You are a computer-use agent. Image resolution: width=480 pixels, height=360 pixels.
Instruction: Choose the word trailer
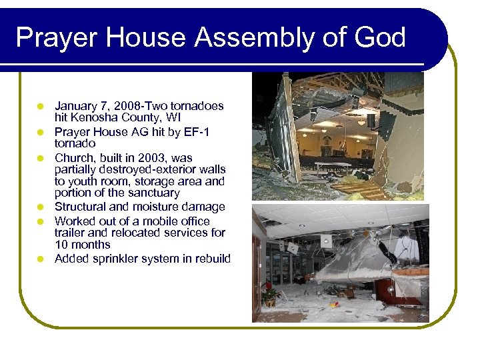click(x=72, y=233)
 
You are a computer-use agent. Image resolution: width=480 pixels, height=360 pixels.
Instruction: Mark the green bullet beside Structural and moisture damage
click(x=40, y=207)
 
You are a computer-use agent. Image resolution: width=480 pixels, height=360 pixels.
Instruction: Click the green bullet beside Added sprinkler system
click(x=40, y=259)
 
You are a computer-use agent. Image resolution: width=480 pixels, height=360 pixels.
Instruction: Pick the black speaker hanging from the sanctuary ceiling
click(x=371, y=121)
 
